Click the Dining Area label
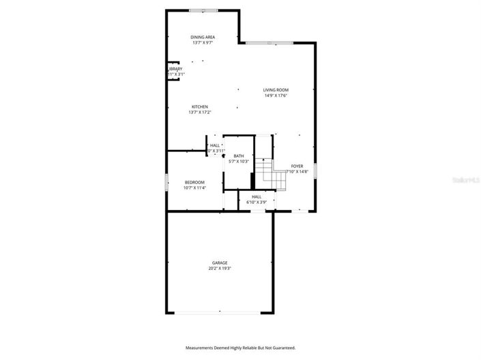coord(203,37)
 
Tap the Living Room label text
coord(276,90)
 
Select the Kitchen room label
coord(200,106)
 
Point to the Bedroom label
coord(194,182)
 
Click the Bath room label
coord(239,156)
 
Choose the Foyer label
coord(297,166)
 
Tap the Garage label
coord(220,263)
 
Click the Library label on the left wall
coord(175,69)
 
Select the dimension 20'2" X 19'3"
coord(220,269)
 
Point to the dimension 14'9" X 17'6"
coord(276,95)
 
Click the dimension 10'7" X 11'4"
coord(194,187)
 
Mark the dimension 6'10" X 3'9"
coord(257,202)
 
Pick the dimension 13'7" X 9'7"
coord(203,42)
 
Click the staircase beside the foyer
coord(271,175)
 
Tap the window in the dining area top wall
coord(203,10)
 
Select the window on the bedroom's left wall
coord(166,182)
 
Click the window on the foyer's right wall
coord(315,170)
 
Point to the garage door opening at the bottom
coord(220,313)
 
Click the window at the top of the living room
coord(270,44)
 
